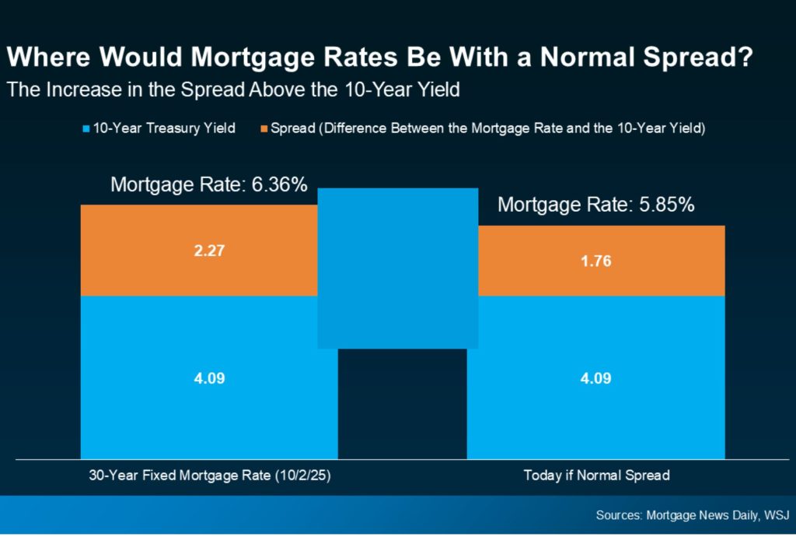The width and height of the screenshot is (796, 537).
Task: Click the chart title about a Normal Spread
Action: tap(379, 58)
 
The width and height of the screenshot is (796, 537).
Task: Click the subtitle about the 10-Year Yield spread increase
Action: tap(233, 90)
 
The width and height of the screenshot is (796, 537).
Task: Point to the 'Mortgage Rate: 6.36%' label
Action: tap(209, 185)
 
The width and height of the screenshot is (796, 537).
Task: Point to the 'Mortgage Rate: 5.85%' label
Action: tap(595, 205)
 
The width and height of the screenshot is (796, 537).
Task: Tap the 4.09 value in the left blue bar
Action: tap(209, 379)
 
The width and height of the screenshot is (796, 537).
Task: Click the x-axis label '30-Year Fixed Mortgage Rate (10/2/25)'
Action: tap(209, 476)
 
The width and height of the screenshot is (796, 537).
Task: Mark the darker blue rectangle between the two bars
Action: tap(397, 268)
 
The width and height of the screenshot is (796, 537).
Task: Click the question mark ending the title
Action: tap(743, 58)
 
